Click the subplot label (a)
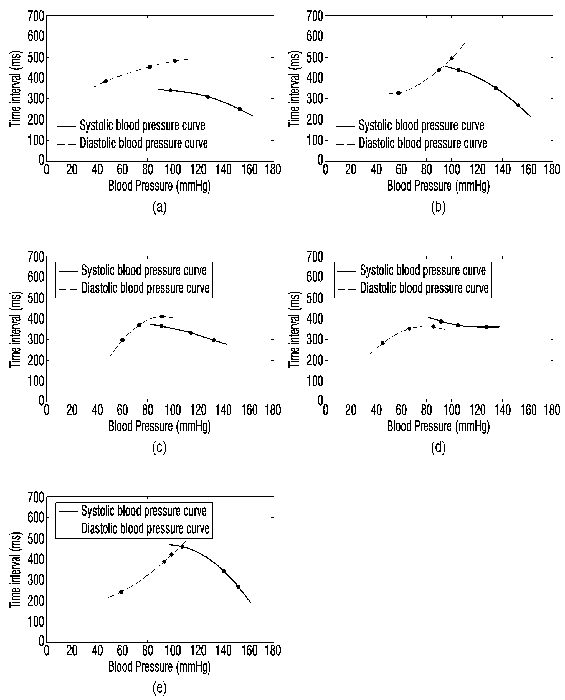pyautogui.click(x=159, y=207)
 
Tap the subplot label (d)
pyautogui.click(x=438, y=447)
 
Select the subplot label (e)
pyautogui.click(x=159, y=688)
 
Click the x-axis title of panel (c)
pyautogui.click(x=159, y=426)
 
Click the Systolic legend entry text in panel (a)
pyautogui.click(x=143, y=126)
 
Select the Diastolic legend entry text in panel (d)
pyautogui.click(x=424, y=288)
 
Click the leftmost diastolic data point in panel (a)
pyautogui.click(x=105, y=81)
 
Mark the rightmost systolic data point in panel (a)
pyautogui.click(x=240, y=109)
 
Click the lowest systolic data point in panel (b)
pyautogui.click(x=518, y=105)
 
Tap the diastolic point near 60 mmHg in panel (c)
pyautogui.click(x=122, y=340)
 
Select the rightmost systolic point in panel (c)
pyautogui.click(x=214, y=340)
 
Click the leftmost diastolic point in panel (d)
pyautogui.click(x=382, y=343)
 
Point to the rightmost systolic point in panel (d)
pyautogui.click(x=487, y=327)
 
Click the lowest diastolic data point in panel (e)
pyautogui.click(x=121, y=592)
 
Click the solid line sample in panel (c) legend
pyautogui.click(x=68, y=271)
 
